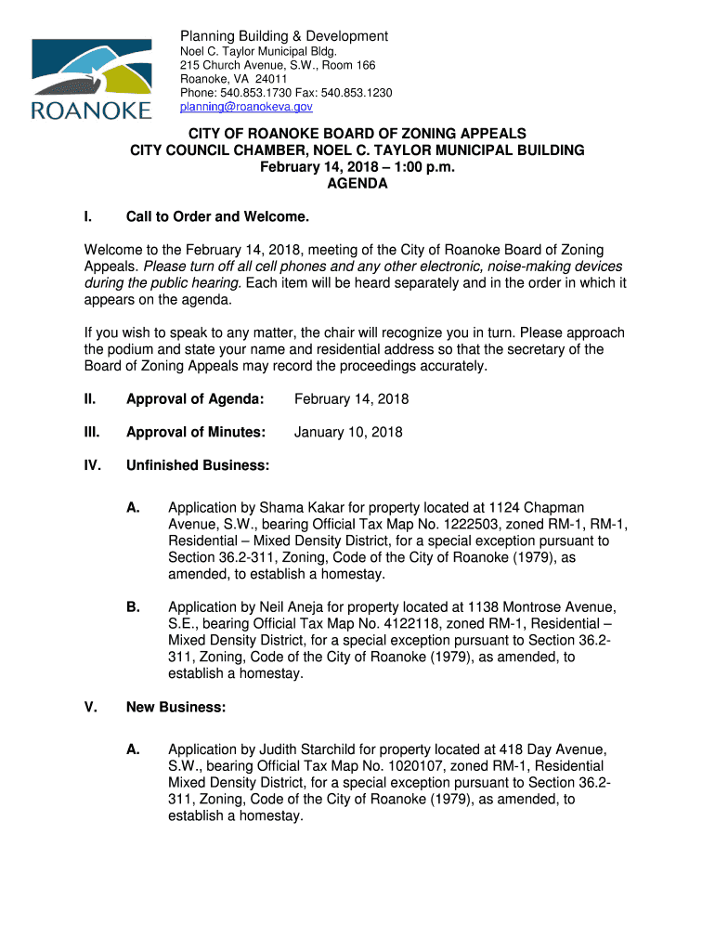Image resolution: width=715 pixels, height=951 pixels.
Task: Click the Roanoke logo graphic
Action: tap(91, 79)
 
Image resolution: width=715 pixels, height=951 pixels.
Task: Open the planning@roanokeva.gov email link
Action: tap(240, 107)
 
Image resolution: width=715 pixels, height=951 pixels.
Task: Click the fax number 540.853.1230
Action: tap(357, 93)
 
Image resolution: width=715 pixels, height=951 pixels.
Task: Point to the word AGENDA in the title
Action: tap(357, 184)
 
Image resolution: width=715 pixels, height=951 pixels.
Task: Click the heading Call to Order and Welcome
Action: tap(217, 217)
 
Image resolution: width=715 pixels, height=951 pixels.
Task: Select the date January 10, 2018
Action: tap(348, 432)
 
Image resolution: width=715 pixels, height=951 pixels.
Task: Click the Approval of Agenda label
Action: tap(195, 399)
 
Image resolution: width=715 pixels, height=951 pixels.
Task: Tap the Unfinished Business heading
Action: tap(198, 464)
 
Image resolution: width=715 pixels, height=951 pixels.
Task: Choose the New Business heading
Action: tap(175, 708)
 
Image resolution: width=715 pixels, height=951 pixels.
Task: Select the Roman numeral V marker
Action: tap(90, 708)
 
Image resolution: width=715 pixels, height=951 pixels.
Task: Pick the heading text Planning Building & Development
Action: tap(283, 36)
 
